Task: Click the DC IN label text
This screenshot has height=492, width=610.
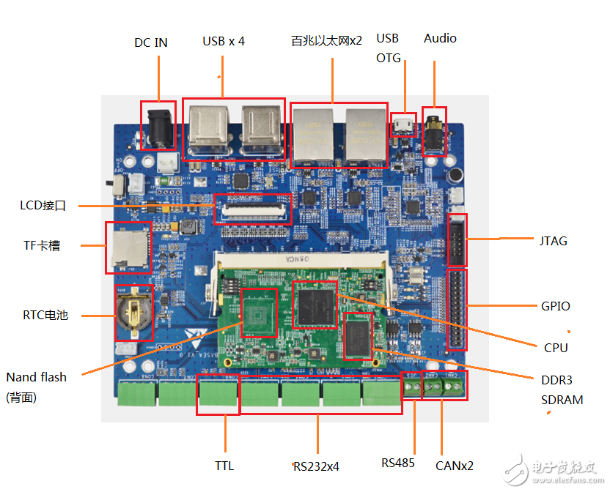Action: click(150, 42)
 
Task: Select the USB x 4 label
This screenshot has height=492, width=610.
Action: click(224, 41)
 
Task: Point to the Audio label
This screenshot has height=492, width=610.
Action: click(440, 38)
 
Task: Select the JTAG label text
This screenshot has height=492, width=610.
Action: click(552, 241)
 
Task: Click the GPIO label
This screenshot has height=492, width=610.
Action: click(555, 306)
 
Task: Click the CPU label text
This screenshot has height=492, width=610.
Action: click(556, 348)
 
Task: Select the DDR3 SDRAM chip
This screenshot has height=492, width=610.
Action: click(359, 335)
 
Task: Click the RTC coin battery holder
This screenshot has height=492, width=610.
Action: click(135, 313)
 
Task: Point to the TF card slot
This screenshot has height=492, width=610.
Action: click(128, 247)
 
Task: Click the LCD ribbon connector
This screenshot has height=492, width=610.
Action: click(251, 209)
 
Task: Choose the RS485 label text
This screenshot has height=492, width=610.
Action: click(397, 463)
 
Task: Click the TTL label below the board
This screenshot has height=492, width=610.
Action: click(224, 465)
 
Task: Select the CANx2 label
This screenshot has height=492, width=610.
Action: click(454, 465)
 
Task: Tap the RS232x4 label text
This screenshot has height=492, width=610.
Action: click(316, 466)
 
